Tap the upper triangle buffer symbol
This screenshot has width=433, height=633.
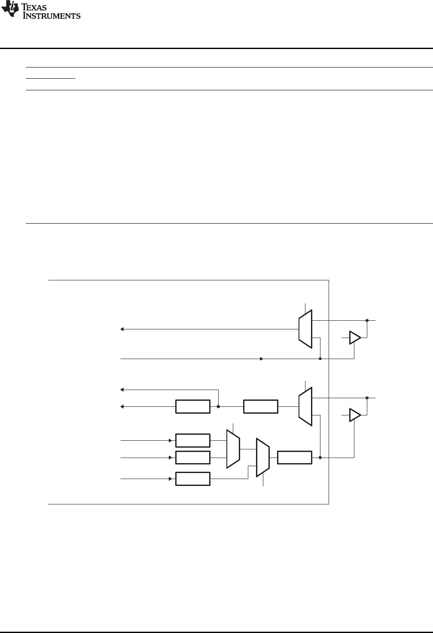pos(354,338)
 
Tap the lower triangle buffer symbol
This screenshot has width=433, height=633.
pos(354,415)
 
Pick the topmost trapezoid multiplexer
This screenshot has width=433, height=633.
pos(305,328)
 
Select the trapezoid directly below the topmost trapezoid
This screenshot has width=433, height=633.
pos(305,406)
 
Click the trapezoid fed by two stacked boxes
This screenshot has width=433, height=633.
pos(233,449)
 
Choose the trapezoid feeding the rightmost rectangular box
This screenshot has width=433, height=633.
pos(262,457)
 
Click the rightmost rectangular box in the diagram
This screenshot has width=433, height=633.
pos(295,458)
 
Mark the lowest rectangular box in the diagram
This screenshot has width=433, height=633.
pos(193,479)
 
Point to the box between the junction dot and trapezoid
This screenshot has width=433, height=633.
pos(260,406)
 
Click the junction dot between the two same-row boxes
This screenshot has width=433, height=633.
pos(219,406)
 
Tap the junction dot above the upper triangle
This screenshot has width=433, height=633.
pos(367,320)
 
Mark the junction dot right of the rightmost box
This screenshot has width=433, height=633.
pos(320,458)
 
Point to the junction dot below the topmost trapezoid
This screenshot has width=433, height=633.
pos(320,358)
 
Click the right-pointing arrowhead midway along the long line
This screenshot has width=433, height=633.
pos(262,358)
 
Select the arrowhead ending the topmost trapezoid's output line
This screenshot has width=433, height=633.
pos(122,329)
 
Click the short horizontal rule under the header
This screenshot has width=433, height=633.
pos(51,79)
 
